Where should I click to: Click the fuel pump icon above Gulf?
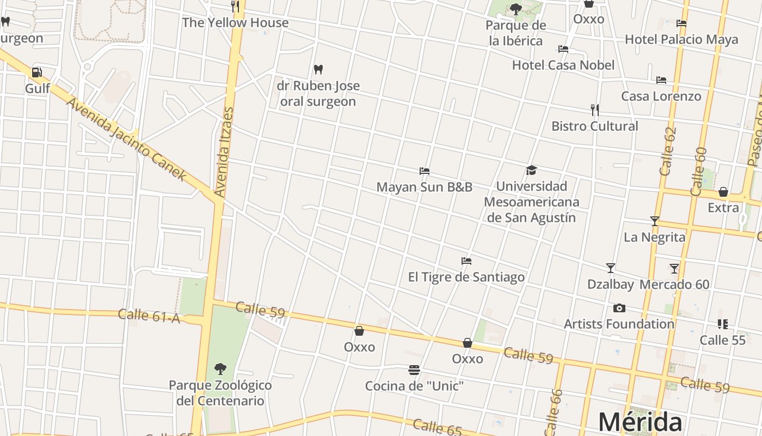tap(36, 72)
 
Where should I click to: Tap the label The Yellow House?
tap(235, 23)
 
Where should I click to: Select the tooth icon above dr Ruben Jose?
tap(318, 70)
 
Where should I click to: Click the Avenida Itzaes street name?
tap(224, 152)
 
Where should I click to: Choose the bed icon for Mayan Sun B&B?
tap(425, 171)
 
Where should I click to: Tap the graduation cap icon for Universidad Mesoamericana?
tap(531, 170)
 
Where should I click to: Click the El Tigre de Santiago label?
tap(466, 277)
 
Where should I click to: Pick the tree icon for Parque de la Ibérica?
tap(516, 9)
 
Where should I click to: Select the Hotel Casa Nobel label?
tap(563, 65)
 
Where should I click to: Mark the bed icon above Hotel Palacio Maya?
tap(681, 23)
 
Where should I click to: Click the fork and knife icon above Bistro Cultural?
tap(595, 110)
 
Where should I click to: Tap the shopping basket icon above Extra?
tap(723, 192)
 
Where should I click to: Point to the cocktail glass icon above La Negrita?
tap(655, 221)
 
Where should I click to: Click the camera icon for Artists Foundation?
tap(619, 308)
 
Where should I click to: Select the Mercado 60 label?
tap(674, 284)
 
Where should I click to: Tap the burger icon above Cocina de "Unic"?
tap(414, 371)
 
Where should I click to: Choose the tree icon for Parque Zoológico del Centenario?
tap(220, 369)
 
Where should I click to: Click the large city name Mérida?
tap(640, 422)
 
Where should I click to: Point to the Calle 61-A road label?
tap(149, 316)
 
